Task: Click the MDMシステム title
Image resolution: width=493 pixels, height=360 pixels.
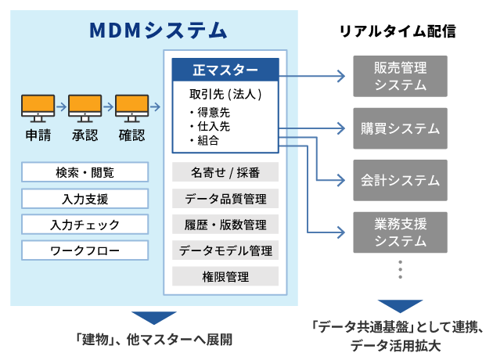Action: [158, 31]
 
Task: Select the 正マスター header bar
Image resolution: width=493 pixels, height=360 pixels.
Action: [225, 70]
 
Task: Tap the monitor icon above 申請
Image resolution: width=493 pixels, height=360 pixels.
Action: [38, 109]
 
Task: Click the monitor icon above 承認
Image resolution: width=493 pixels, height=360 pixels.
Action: [85, 109]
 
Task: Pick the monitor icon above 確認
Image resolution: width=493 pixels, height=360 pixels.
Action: [131, 109]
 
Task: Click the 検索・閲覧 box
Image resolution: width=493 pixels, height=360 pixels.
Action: [85, 172]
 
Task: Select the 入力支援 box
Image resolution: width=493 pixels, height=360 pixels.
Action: [85, 199]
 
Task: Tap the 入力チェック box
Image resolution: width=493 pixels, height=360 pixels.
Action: [85, 225]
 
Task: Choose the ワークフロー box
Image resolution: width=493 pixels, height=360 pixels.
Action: [85, 250]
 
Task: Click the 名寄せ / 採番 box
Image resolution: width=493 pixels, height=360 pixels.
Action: [225, 172]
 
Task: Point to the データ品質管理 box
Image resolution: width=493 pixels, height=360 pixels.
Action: [225, 199]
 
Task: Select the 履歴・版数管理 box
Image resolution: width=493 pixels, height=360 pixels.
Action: [225, 225]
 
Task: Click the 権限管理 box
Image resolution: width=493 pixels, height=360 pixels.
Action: [225, 276]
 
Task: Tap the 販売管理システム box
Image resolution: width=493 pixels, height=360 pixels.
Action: [400, 76]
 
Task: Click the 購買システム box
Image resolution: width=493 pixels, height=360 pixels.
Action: [400, 128]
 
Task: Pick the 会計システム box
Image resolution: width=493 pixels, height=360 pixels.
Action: [400, 180]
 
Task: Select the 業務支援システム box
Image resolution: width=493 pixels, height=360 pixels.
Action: [400, 232]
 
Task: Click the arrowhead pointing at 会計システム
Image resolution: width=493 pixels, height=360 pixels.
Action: [341, 180]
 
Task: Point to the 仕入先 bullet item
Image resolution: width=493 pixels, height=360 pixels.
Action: [210, 127]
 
